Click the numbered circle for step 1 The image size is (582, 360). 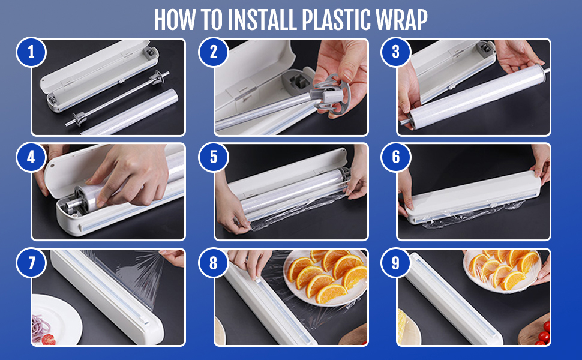click(31, 52)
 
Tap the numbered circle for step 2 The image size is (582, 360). click(214, 52)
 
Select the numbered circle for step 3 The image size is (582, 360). click(395, 52)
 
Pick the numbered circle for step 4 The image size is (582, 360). click(31, 157)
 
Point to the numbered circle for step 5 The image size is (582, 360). click(214, 157)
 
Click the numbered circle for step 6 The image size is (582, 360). click(395, 157)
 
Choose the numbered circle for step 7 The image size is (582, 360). click(31, 263)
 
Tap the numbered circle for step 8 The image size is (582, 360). click(214, 263)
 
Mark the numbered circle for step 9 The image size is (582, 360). click(395, 263)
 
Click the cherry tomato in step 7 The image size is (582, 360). click(48, 339)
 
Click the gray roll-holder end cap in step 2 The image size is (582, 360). click(331, 95)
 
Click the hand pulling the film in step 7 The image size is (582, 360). click(173, 257)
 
